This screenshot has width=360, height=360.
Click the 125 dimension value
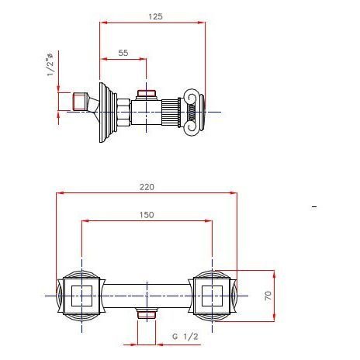point(155,16)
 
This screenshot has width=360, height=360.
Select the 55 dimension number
point(123,53)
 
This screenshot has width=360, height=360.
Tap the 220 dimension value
point(147,187)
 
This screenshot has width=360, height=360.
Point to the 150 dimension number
point(147,215)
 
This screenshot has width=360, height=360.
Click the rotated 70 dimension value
point(268,296)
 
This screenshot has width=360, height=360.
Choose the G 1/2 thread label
point(185,337)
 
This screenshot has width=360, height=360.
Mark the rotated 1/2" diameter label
point(50,64)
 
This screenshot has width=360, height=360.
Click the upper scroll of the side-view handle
point(191,97)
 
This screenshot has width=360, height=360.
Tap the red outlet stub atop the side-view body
point(147,94)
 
